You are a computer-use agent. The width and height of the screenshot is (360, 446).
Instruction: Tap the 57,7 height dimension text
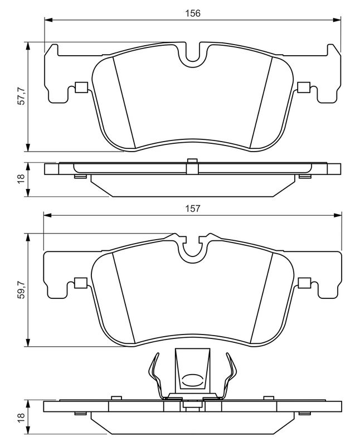coord(21,96)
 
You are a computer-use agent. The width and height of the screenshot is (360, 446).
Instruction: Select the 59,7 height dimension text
coord(21,290)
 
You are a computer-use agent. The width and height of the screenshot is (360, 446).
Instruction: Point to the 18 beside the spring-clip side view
coord(21,418)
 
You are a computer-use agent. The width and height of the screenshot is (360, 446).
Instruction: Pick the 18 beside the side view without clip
coord(21,179)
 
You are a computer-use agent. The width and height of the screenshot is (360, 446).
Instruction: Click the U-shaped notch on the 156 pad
coord(193,55)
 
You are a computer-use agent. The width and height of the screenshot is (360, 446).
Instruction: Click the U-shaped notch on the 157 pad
coord(193,248)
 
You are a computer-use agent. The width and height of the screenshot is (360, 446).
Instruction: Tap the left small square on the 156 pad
coord(80,87)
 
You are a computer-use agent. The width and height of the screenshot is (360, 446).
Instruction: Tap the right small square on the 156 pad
coord(304,87)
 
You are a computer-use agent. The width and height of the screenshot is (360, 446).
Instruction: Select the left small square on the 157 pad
coord(80,282)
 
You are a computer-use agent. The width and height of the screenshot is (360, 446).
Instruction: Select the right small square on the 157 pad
coord(304,282)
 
